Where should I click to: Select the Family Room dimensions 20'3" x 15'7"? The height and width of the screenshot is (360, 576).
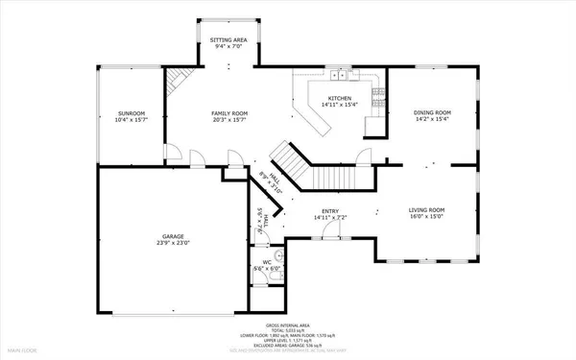(228, 120)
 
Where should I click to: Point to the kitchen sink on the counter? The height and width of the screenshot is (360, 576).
(340, 74)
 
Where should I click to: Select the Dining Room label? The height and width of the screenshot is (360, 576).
(432, 112)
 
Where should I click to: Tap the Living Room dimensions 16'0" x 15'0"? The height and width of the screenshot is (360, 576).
(427, 217)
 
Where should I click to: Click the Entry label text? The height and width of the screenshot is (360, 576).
(332, 210)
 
